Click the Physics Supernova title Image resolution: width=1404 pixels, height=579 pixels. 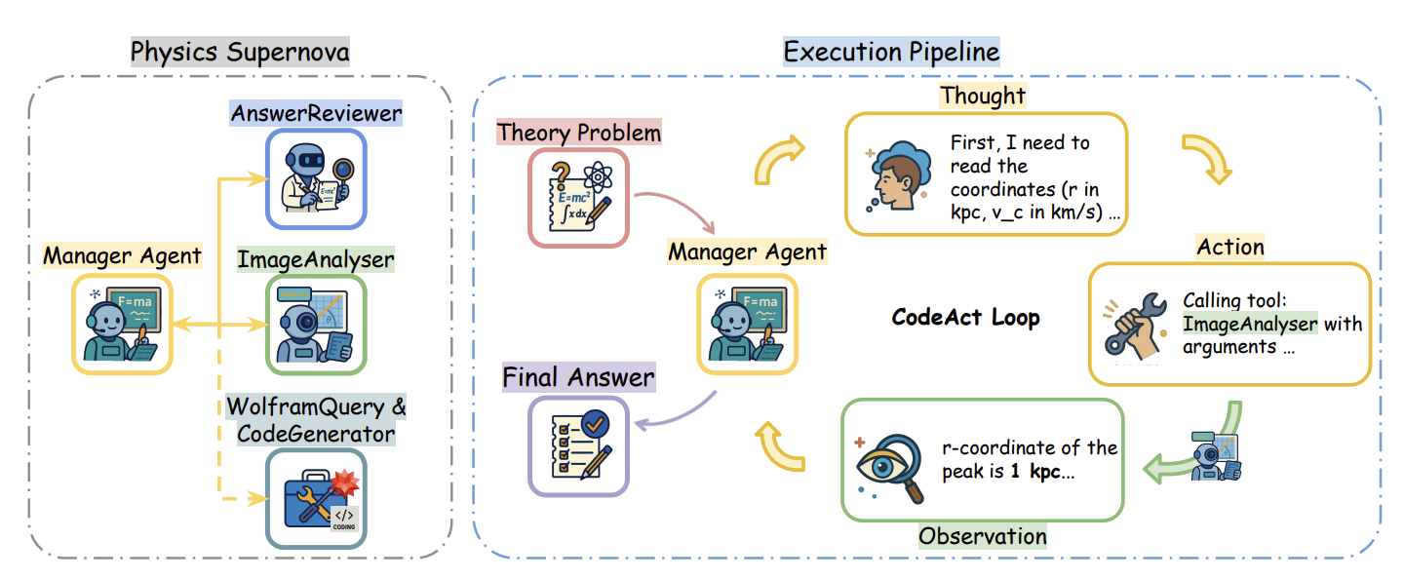click(239, 51)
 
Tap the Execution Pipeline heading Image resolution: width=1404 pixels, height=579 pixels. click(891, 51)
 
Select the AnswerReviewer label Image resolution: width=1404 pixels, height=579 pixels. click(316, 114)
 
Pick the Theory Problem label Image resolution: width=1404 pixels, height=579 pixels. click(579, 132)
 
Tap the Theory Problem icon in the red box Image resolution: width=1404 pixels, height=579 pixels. click(578, 196)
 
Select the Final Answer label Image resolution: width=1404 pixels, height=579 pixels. click(578, 376)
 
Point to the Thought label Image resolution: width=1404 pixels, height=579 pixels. click(983, 96)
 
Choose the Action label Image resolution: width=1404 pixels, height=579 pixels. click(1230, 247)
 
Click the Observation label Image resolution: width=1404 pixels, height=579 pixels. click(983, 535)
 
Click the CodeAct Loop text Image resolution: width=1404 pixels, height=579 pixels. click(965, 317)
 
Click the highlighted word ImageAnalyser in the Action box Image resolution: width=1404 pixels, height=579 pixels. click(1250, 324)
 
